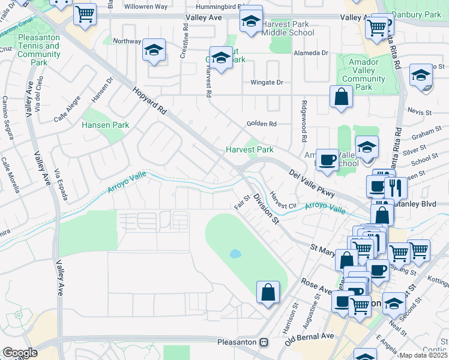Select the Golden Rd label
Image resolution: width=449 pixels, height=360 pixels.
point(261,124)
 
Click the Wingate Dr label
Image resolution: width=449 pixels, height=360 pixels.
point(267,82)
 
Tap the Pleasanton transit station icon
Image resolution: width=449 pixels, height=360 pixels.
point(264,342)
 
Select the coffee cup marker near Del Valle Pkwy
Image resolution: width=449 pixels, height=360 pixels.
point(327,160)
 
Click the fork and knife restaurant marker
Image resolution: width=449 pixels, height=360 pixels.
point(396,187)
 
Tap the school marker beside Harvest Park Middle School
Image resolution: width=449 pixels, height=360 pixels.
point(251,22)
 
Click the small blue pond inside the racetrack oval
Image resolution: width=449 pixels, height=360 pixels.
point(235,254)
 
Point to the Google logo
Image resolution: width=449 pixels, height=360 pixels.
point(20,353)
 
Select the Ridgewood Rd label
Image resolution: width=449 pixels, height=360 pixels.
point(304,128)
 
